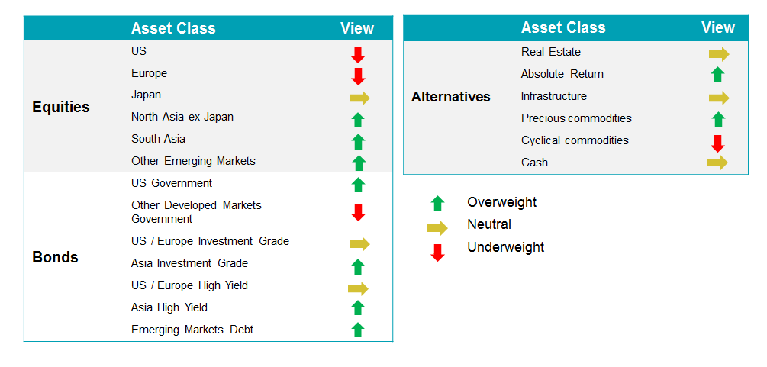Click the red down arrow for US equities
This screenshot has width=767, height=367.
(358, 55)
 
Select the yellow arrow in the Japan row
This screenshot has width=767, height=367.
(359, 98)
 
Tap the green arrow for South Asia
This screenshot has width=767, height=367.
(359, 141)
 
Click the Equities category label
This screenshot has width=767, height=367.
(61, 107)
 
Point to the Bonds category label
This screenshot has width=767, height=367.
(55, 257)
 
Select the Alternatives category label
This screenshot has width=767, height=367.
(450, 97)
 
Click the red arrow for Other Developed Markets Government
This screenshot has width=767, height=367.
(359, 213)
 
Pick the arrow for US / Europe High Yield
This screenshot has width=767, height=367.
(358, 288)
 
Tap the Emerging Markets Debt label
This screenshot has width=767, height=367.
(192, 330)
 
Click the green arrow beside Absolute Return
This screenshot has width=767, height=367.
(718, 75)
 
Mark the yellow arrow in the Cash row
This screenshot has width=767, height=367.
(717, 163)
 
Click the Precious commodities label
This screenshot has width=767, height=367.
(576, 118)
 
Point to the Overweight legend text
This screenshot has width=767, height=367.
(502, 202)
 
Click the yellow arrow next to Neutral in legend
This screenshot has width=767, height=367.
(437, 228)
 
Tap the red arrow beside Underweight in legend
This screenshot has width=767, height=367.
(437, 253)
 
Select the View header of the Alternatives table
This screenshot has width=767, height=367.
(718, 27)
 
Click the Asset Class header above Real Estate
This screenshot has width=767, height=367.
(563, 27)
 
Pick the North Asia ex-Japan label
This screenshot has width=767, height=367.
(182, 117)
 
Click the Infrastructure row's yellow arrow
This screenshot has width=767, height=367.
(719, 98)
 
